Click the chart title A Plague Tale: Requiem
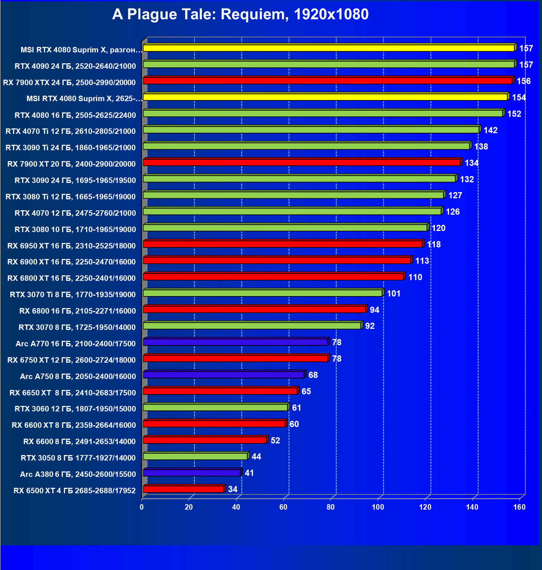coord(240,15)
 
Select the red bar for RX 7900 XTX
coord(327,81)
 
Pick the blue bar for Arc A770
coord(235,342)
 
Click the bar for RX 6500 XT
coord(183,489)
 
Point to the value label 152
coord(514,114)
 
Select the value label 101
coord(394,294)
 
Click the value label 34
coord(233,489)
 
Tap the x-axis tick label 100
coord(378,507)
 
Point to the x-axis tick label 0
coord(142,507)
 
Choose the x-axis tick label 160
coord(519,507)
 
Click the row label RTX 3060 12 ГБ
coord(75,409)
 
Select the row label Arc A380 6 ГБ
coord(78,474)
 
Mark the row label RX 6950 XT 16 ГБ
coord(71,246)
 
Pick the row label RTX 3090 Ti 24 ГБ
coord(70,148)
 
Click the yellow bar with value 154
coord(325,97)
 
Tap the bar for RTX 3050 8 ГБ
coord(195,457)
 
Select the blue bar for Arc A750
coord(224,375)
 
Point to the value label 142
coord(490,130)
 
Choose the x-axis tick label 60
coord(283,507)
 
